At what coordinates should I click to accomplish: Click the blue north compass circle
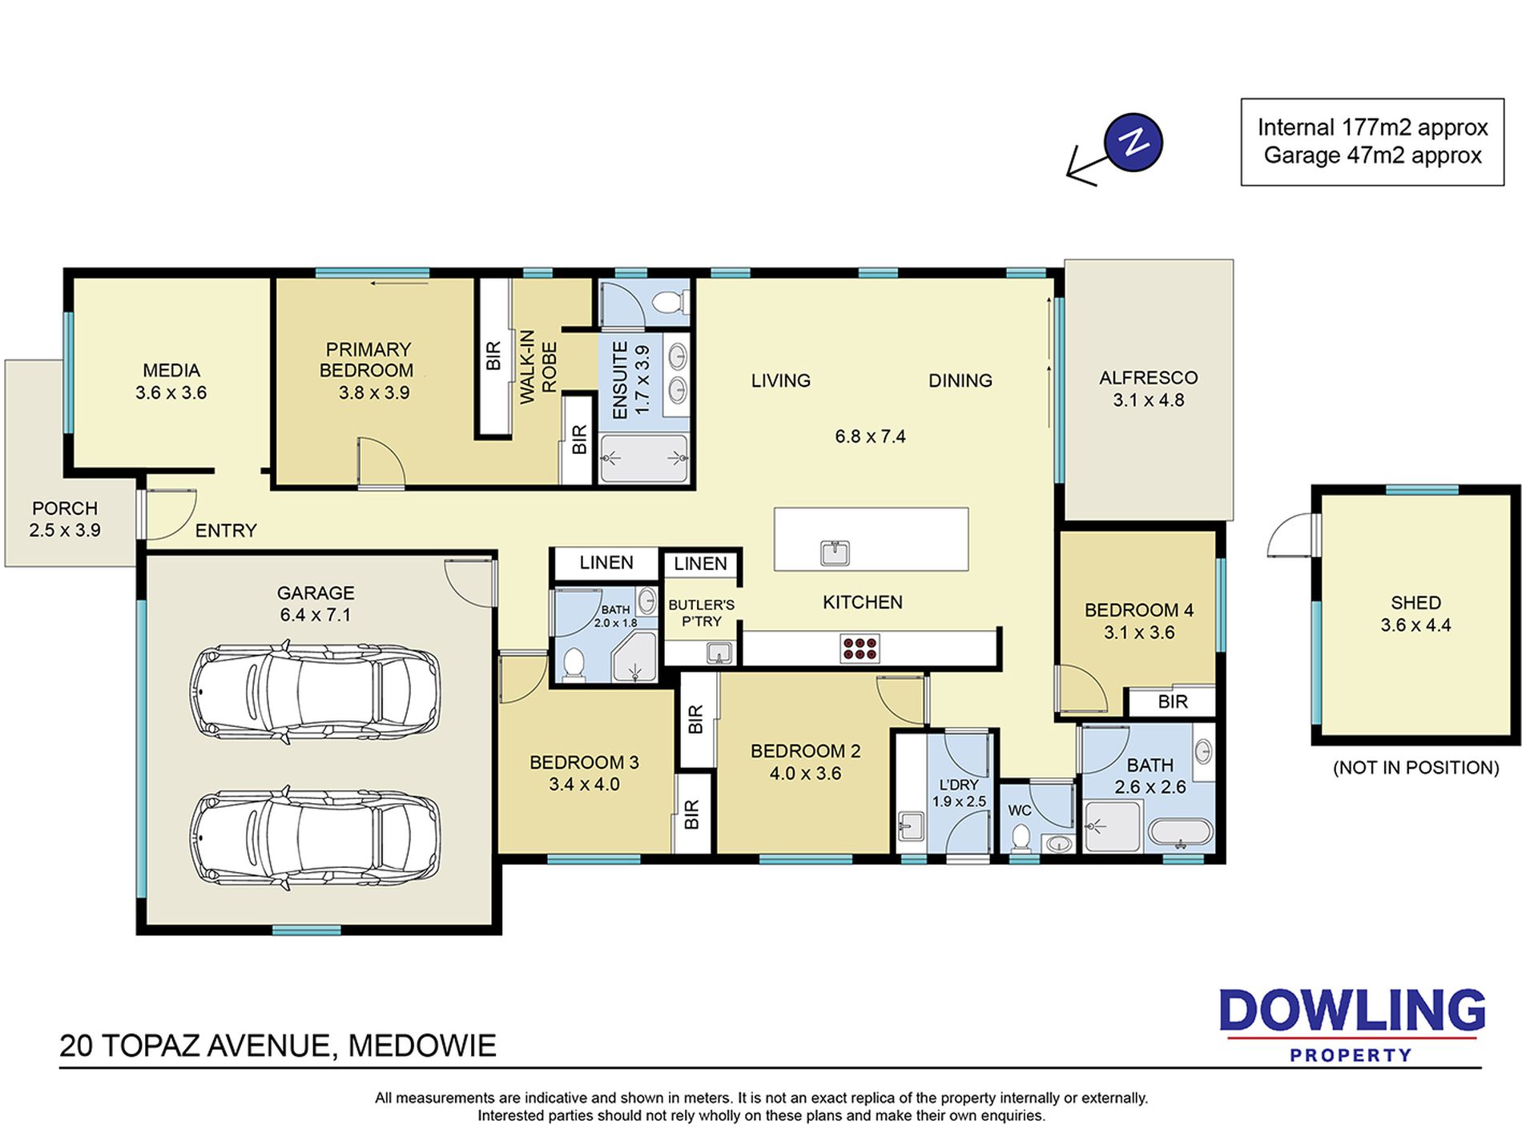click(1133, 143)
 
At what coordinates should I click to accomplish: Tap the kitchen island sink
click(835, 552)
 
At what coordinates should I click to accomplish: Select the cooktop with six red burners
click(860, 648)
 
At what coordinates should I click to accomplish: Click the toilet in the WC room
click(1021, 838)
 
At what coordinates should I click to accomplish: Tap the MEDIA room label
click(171, 371)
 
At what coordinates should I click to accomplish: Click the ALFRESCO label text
click(1148, 378)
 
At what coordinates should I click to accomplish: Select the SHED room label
click(1415, 603)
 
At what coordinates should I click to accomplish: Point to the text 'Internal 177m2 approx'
click(1372, 127)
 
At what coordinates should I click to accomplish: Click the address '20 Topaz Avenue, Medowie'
click(278, 1046)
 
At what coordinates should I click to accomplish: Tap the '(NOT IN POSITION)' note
click(1415, 767)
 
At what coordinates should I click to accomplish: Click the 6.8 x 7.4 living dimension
click(870, 436)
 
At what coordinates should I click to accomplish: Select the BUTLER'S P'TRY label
click(701, 613)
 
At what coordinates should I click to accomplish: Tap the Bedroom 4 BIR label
click(1173, 702)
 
